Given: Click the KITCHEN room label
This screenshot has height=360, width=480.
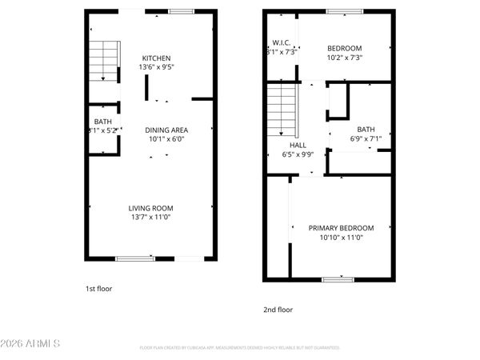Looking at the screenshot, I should (x=156, y=58).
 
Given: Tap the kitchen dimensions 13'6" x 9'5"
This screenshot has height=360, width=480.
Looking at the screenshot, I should (x=156, y=68).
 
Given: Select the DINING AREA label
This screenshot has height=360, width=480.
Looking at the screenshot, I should (x=166, y=130).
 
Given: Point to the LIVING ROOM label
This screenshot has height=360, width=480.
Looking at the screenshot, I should (x=151, y=208).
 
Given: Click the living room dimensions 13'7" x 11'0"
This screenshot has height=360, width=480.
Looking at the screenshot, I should (x=151, y=217).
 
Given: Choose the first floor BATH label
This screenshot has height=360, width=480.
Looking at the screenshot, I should (x=102, y=122).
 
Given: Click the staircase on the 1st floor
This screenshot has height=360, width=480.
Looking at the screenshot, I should (x=102, y=61).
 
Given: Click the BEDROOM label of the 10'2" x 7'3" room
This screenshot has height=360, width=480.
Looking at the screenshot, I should (x=345, y=48).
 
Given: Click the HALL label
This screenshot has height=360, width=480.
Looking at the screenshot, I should (x=298, y=145).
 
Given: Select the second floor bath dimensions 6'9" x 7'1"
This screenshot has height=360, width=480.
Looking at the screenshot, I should (x=366, y=138).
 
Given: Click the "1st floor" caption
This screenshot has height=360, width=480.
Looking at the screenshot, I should (x=98, y=288).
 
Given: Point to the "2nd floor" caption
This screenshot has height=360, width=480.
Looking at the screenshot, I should (x=278, y=310).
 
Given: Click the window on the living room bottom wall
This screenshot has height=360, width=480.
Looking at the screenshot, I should (x=135, y=258).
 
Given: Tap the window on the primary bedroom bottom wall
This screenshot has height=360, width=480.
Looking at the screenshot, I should (x=338, y=279).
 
